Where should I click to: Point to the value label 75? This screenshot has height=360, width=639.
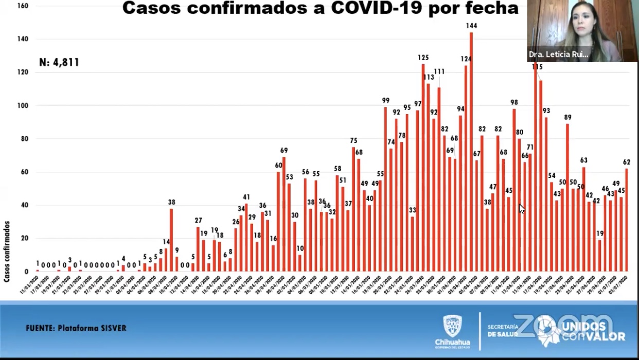[353, 141]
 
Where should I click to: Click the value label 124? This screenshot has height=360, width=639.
[466, 59]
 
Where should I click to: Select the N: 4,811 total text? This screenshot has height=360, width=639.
[59, 63]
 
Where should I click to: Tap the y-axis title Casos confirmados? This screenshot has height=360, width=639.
[7, 251]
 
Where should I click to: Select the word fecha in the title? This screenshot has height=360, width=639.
[490, 8]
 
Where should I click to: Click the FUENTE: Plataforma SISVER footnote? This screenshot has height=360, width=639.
[76, 328]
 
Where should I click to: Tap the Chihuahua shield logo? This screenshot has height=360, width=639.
[452, 326]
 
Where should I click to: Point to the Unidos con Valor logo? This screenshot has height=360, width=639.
[592, 331]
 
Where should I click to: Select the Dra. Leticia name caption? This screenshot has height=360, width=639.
[558, 55]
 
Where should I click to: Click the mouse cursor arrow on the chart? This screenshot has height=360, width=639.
[522, 208]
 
